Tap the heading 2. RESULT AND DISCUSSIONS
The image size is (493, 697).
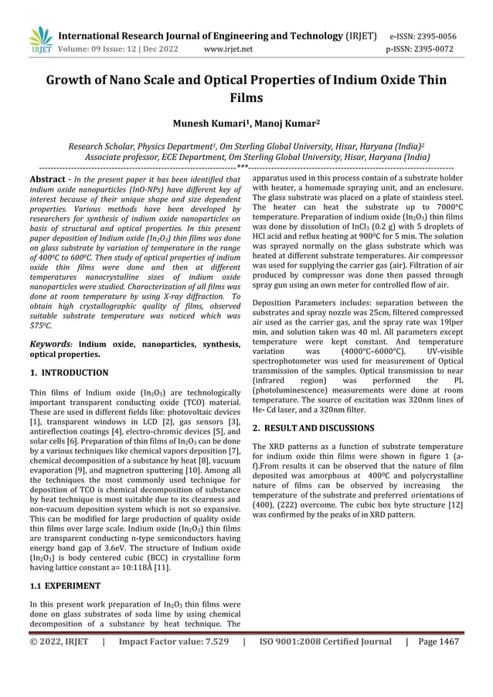point(314,427)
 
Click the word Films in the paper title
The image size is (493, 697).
point(246,98)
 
